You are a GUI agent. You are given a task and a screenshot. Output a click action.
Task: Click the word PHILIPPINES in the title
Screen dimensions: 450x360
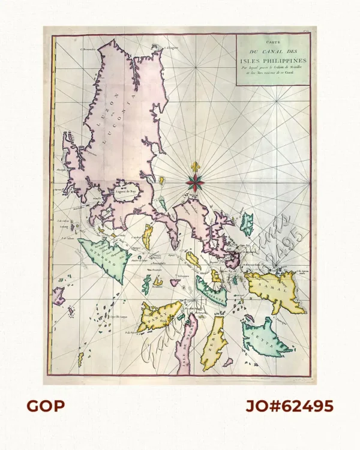pyautogui.click(x=289, y=61)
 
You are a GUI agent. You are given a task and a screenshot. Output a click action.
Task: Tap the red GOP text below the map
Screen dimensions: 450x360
pyautogui.click(x=45, y=406)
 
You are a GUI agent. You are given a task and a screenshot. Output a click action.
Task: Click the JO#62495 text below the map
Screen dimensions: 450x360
pyautogui.click(x=289, y=406)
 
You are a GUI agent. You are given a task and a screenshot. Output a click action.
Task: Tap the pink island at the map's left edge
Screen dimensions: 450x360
pyautogui.click(x=58, y=295)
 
